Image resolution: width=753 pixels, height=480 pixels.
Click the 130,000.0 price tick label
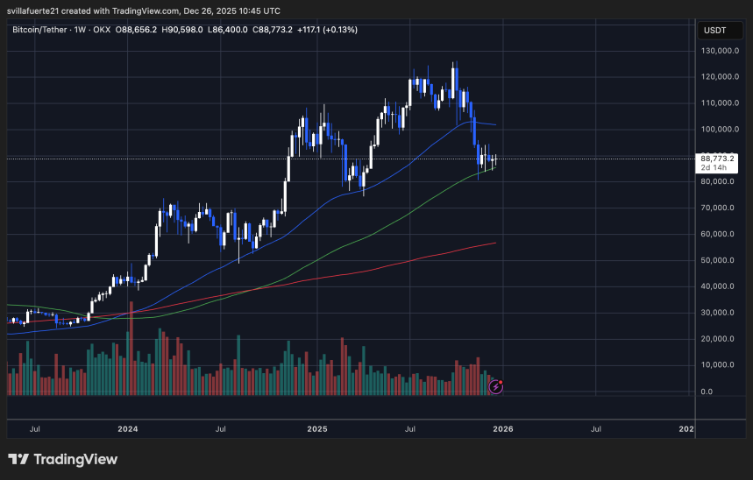[x=718, y=51]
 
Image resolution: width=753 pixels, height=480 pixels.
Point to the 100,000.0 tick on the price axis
[x=718, y=130]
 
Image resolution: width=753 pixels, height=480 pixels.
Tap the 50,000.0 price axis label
[x=718, y=261]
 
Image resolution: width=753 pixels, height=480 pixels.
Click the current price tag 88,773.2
[x=717, y=159]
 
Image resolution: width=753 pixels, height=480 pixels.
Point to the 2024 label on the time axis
[x=128, y=429]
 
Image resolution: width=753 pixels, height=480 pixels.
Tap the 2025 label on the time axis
[x=317, y=429]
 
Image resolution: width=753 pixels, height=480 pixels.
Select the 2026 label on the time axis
[x=503, y=429]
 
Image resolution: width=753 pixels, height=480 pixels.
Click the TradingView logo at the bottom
[x=62, y=459]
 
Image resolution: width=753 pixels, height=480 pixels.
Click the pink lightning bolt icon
[x=495, y=385]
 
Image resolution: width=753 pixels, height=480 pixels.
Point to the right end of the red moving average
[x=496, y=243]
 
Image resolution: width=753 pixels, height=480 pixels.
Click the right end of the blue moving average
[x=497, y=125]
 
